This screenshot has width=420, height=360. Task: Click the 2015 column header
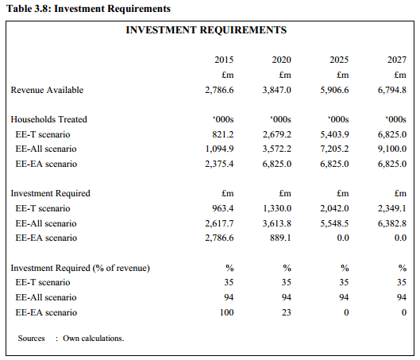point(224,60)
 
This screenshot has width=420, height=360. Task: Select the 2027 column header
point(397,60)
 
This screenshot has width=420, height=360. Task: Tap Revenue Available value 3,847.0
point(277,90)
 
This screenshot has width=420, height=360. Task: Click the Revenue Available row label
point(47,90)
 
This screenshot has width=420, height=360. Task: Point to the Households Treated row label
point(48,119)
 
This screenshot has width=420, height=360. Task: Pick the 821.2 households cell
point(223,134)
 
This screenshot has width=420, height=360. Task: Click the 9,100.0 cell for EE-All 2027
point(392,149)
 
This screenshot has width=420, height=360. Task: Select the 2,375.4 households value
point(219,164)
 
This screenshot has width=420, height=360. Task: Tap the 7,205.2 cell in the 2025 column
point(334,149)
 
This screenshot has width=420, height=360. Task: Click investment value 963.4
point(223,208)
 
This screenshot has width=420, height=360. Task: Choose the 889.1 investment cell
point(280,238)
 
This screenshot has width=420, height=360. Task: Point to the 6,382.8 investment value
point(392,223)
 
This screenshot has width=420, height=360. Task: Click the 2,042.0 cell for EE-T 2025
point(334,208)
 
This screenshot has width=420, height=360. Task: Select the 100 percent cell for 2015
point(226,312)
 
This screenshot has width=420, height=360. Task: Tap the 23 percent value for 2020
point(287,312)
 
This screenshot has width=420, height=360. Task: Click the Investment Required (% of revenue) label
point(80,268)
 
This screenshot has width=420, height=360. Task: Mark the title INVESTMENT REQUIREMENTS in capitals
point(206,29)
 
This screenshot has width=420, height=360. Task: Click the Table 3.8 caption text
point(88,9)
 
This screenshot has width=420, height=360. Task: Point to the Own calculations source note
point(94,339)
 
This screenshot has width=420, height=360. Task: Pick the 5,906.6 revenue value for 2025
point(334,90)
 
